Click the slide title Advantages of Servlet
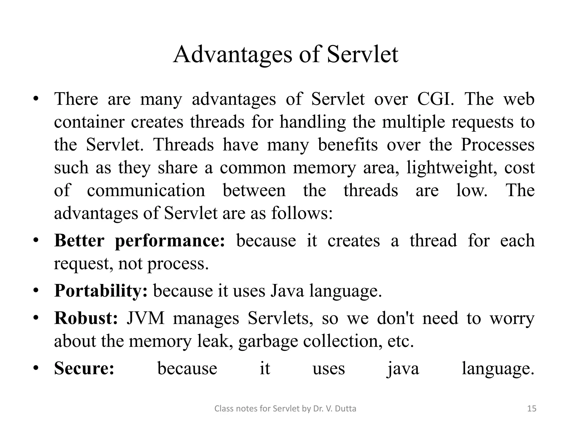tap(285, 54)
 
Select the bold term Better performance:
tap(139, 240)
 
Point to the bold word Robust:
tap(86, 318)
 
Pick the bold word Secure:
tap(84, 368)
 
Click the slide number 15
tap(532, 409)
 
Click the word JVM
tap(146, 318)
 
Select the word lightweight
tap(452, 168)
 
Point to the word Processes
tap(497, 145)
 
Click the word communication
tap(146, 191)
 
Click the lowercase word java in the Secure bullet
tap(403, 368)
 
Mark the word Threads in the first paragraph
tap(184, 145)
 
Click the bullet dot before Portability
tap(35, 291)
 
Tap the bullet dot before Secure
tap(35, 368)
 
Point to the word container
tap(89, 122)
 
